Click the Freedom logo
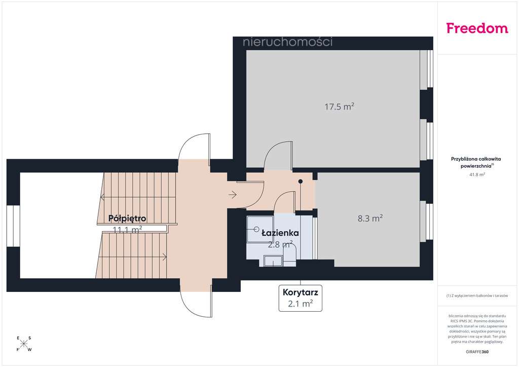pos(477,28)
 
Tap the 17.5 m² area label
pos(339,106)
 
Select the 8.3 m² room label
pos(369,218)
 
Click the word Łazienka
pos(280,233)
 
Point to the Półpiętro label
pos(127,218)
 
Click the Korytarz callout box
pos(301,298)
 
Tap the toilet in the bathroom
pos(289,253)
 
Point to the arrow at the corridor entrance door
pos(233,194)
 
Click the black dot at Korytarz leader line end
pos(301,181)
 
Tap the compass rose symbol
pos(24,344)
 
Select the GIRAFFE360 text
pos(477,351)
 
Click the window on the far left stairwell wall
pos(13,226)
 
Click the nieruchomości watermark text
pos(287,42)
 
